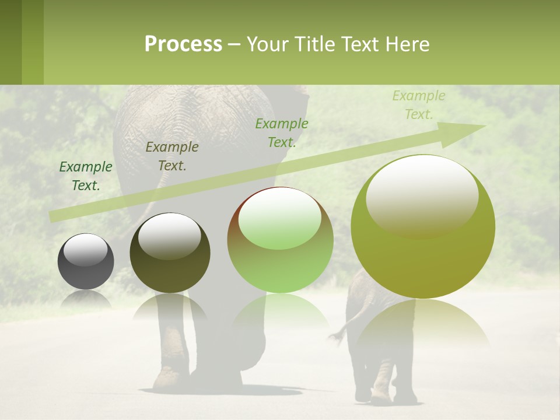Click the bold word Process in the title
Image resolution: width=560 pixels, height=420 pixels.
pyautogui.click(x=183, y=44)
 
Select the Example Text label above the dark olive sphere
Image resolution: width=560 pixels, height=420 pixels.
pyautogui.click(x=172, y=156)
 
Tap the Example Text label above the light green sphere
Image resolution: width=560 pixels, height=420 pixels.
pyautogui.click(x=282, y=133)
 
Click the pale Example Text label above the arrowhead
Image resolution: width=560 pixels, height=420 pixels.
pyautogui.click(x=419, y=105)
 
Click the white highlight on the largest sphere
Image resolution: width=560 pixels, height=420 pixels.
pyautogui.click(x=422, y=195)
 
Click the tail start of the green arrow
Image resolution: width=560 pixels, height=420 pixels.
pyautogui.click(x=51, y=216)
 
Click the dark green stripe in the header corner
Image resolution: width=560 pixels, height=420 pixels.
pyautogui.click(x=10, y=42)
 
